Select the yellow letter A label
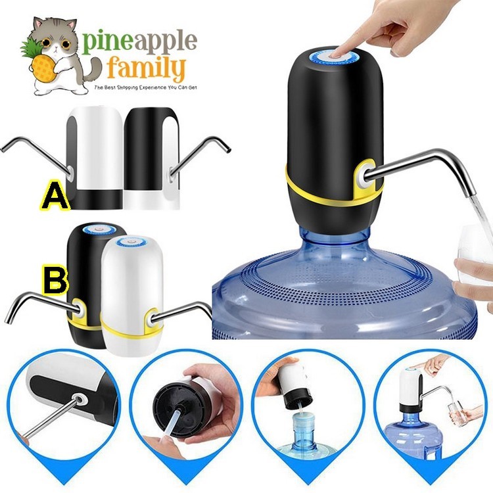pyautogui.click(x=56, y=195)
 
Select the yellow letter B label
pyautogui.click(x=55, y=279)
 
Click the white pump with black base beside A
pyautogui.click(x=95, y=158)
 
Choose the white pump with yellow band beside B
pyautogui.click(x=132, y=296)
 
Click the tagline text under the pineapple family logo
pyautogui.click(x=146, y=87)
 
